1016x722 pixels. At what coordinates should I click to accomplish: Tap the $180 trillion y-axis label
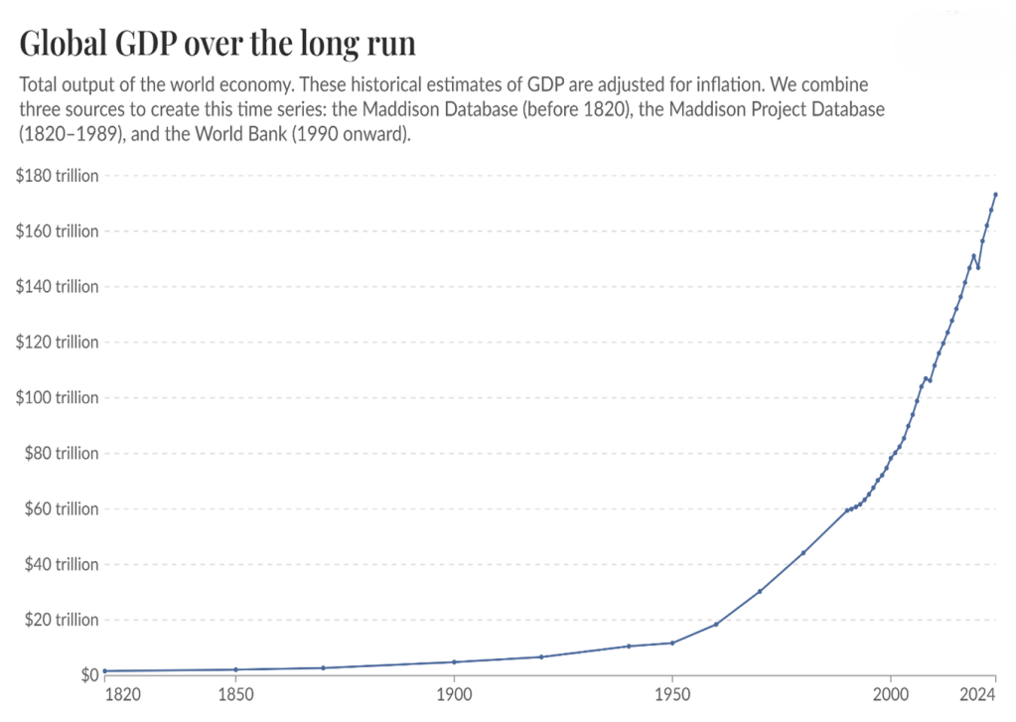[58, 176]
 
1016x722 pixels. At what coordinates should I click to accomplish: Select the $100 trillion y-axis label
[58, 398]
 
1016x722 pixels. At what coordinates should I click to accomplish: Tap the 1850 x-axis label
[235, 693]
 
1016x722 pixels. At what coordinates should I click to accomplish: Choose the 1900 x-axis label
[454, 693]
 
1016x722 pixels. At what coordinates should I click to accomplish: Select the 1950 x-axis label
[672, 693]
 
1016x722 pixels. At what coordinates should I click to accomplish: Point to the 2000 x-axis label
[891, 693]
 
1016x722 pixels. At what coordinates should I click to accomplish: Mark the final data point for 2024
[995, 195]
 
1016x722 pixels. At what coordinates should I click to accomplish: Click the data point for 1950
[672, 643]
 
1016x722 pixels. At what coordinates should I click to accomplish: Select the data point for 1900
[454, 661]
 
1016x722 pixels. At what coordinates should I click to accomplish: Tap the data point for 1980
[803, 552]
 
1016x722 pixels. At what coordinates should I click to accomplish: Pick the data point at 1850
[235, 669]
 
